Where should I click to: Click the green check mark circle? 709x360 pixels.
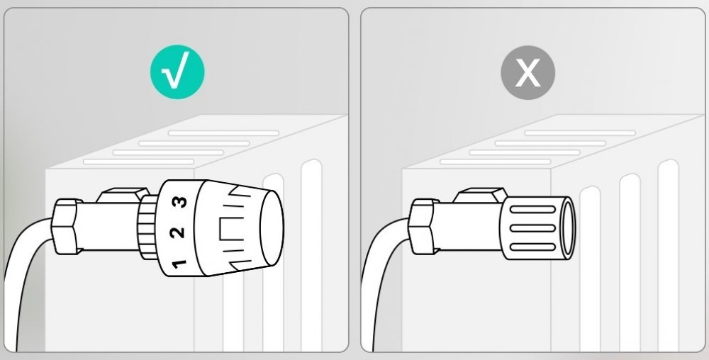pyautogui.click(x=177, y=72)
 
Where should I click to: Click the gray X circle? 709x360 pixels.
pyautogui.click(x=527, y=72)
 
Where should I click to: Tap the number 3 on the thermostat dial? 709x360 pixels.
pyautogui.click(x=180, y=201)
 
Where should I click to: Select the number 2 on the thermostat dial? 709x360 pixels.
pyautogui.click(x=177, y=232)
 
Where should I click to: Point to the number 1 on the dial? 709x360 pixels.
pyautogui.click(x=179, y=264)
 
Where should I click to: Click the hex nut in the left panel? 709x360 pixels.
pyautogui.click(x=66, y=226)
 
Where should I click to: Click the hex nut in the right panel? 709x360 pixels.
pyautogui.click(x=423, y=226)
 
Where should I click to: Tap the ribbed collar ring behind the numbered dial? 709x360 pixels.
pyautogui.click(x=148, y=227)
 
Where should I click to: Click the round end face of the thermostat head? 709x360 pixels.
pyautogui.click(x=272, y=227)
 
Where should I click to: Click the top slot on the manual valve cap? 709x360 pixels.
pyautogui.click(x=532, y=209)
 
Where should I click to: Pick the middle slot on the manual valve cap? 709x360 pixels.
pyautogui.click(x=532, y=228)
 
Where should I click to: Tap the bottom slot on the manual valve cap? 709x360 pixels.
pyautogui.click(x=532, y=247)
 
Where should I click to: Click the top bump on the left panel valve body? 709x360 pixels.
pyautogui.click(x=123, y=195)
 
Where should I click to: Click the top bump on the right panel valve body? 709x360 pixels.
pyautogui.click(x=480, y=195)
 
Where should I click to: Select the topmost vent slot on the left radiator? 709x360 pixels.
pyautogui.click(x=224, y=133)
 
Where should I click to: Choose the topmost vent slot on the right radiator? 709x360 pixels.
pyautogui.click(x=580, y=133)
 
